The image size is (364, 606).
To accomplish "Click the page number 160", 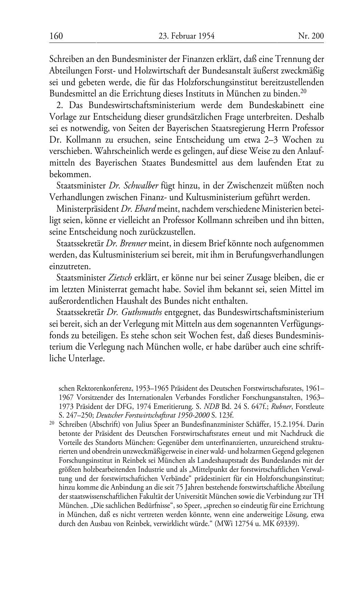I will coord(56,36).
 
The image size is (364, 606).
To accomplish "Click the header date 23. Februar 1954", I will coord(186,36).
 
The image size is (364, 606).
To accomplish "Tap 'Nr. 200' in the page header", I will coord(311,36).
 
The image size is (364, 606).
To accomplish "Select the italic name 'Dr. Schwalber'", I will coord(134,186).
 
